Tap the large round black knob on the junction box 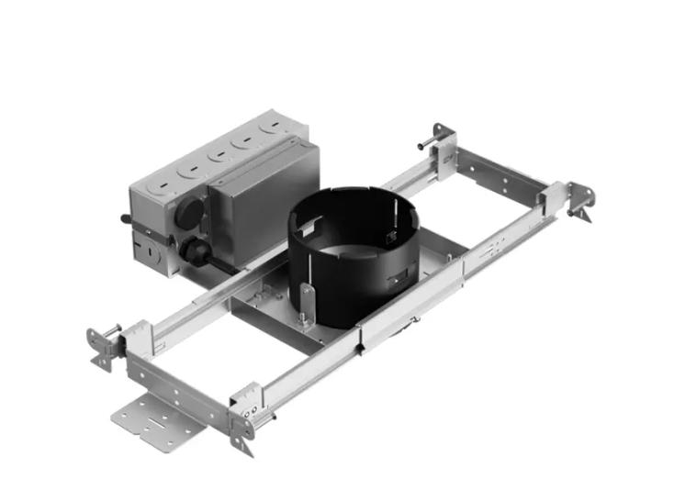[x=189, y=211]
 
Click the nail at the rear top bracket [x=423, y=145]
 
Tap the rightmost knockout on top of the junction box [x=272, y=128]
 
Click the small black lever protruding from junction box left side [x=127, y=219]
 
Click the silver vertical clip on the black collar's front [x=308, y=298]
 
